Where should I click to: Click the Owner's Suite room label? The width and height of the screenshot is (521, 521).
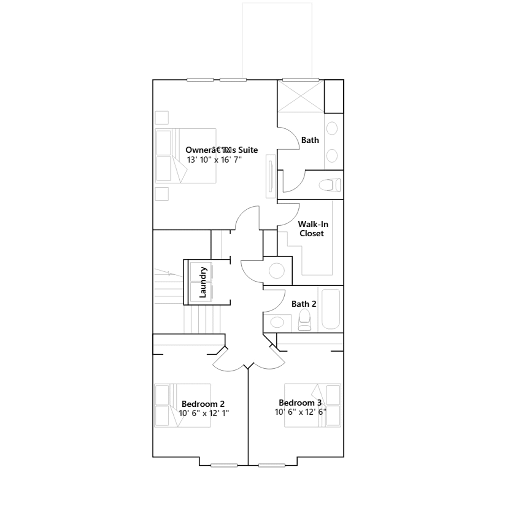[221, 150]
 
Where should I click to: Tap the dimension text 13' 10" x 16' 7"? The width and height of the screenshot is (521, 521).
[214, 160]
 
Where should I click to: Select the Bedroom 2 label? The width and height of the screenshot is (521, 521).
[203, 404]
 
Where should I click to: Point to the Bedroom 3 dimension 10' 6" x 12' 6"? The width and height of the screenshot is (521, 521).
[300, 412]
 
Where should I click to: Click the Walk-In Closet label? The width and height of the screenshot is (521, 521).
[313, 229]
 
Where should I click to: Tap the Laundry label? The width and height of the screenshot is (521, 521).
[203, 282]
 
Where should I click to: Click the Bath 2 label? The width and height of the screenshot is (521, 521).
[303, 304]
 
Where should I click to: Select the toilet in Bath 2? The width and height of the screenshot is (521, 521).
[305, 319]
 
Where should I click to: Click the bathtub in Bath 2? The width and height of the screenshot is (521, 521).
[331, 309]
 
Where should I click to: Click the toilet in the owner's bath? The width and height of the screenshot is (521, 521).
[330, 185]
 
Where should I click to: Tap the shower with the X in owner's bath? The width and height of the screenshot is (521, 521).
[301, 96]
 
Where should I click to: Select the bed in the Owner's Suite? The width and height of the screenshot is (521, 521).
[186, 156]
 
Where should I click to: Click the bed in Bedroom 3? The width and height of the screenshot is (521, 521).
[313, 405]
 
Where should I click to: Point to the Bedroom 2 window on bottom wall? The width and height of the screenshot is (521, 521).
[224, 465]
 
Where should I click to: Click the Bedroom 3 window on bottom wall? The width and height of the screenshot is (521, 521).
[272, 465]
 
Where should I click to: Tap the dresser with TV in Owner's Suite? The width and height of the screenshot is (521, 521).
[271, 176]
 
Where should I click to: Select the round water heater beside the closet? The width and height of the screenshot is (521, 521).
[277, 271]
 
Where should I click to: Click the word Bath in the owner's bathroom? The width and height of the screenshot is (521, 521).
[310, 140]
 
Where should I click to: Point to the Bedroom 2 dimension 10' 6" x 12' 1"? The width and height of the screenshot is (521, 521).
[204, 413]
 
